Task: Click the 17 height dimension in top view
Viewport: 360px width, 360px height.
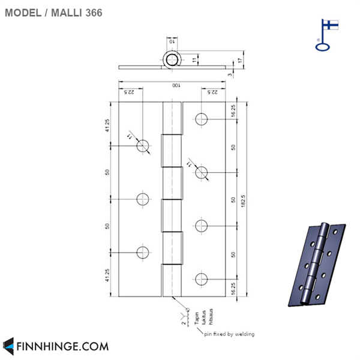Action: point(241,61)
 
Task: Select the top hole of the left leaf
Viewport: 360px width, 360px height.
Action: point(143,145)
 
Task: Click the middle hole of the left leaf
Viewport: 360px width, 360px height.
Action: point(143,199)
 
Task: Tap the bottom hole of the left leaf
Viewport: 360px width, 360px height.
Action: point(143,253)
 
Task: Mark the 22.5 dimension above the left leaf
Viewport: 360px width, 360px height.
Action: point(130,92)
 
